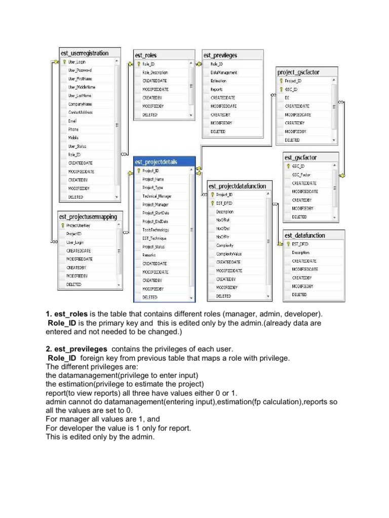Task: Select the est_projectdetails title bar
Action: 156,162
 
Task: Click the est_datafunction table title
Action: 304,235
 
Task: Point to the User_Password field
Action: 80,70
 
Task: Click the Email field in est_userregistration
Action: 72,121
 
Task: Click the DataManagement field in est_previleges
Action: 223,72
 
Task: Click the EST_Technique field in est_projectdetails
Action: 154,238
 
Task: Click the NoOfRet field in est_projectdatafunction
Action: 223,220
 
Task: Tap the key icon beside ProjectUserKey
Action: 62,225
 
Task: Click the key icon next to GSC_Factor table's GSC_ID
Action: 288,165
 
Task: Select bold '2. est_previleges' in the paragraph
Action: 76,349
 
